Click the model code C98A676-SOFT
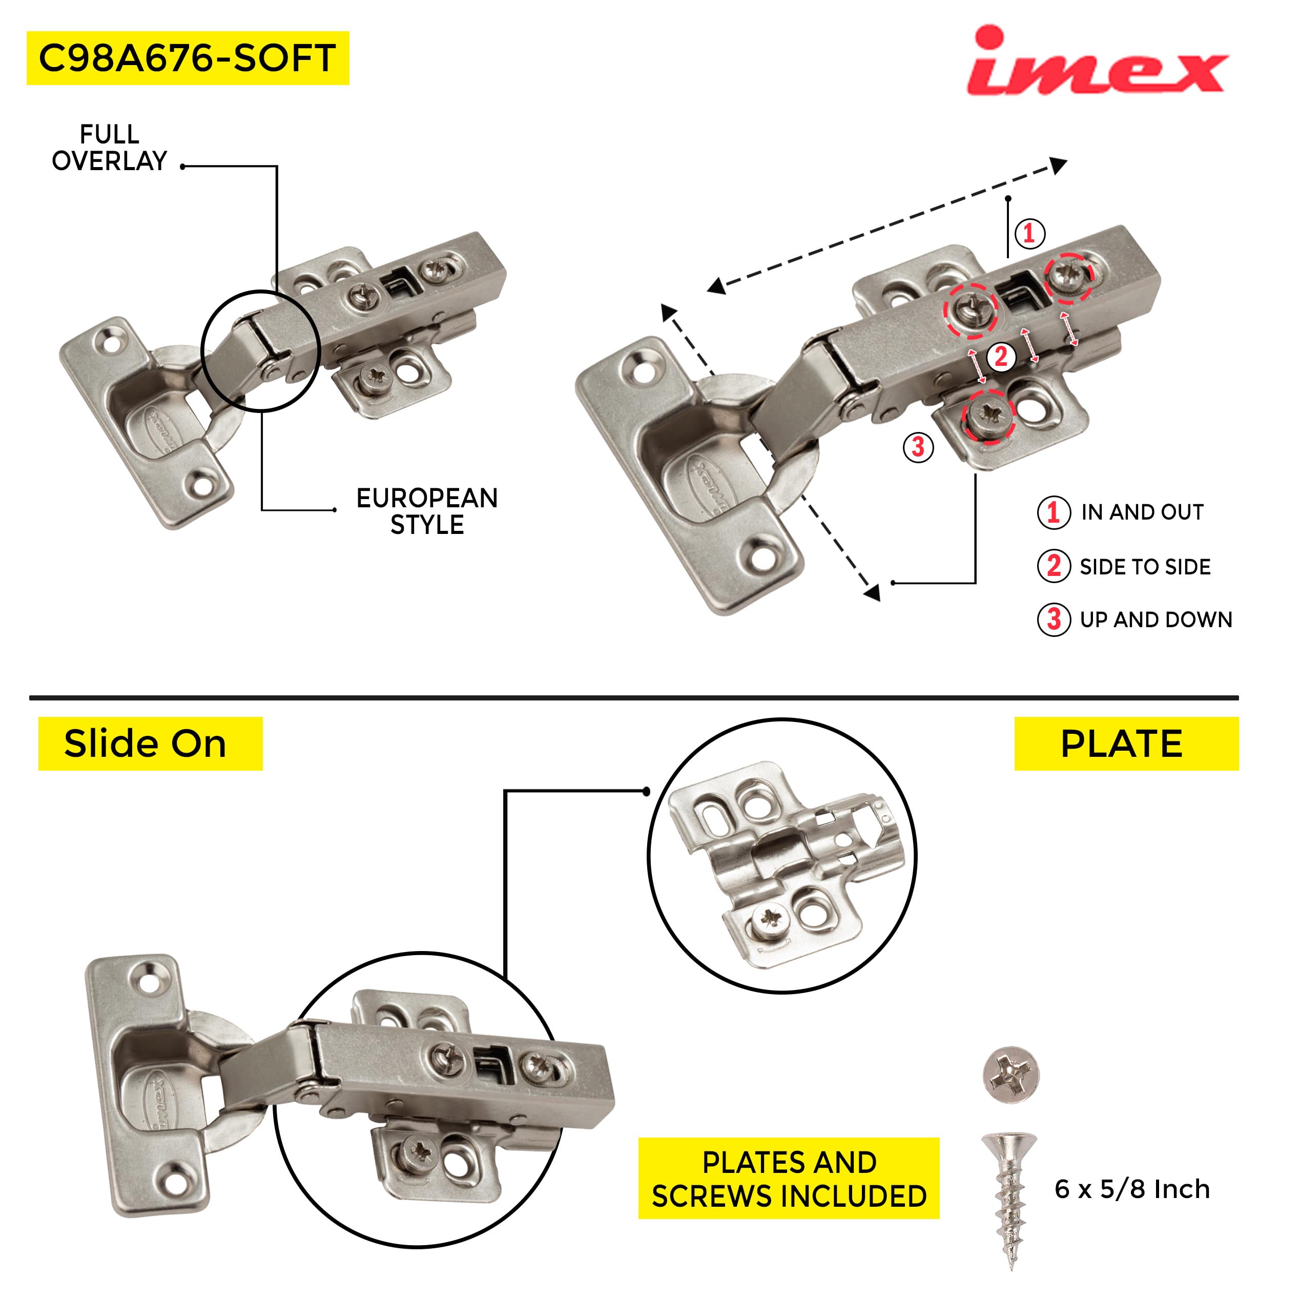[187, 58]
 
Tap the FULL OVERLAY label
[109, 148]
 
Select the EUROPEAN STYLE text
[427, 511]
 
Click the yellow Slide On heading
[150, 744]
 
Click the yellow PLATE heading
[1125, 744]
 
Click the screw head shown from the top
[1010, 1074]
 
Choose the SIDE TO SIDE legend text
[1145, 567]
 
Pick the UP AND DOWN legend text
[1155, 620]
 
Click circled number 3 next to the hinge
[918, 447]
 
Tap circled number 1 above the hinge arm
[1029, 234]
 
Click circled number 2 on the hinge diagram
[1001, 357]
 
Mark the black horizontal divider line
[632, 698]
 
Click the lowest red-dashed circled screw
[988, 416]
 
